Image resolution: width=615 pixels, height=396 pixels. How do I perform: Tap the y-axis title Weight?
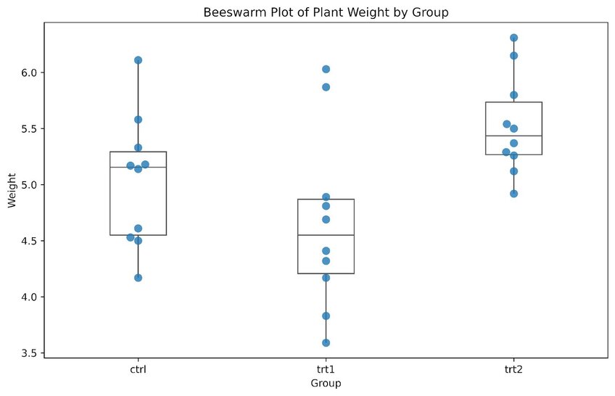12,189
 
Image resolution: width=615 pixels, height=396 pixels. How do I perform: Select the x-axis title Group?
325,382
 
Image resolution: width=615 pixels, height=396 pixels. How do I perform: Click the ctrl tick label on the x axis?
138,369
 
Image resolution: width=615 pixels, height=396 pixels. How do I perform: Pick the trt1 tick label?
326,369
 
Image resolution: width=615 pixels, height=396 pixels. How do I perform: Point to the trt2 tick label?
513,369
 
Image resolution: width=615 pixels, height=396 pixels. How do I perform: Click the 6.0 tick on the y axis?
29,73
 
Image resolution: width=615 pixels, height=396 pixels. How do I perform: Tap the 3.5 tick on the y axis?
29,353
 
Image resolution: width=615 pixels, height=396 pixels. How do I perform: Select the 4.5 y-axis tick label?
29,241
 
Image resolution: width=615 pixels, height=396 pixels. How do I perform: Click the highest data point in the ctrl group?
138,60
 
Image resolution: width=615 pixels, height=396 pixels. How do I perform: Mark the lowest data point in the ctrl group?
138,278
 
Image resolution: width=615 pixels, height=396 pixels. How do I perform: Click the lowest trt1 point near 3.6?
326,343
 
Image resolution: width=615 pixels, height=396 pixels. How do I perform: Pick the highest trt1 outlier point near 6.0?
326,69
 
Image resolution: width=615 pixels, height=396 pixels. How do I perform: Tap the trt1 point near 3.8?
326,316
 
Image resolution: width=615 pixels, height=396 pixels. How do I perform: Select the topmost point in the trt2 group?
513,38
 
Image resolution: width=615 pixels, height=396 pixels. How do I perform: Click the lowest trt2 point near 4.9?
513,194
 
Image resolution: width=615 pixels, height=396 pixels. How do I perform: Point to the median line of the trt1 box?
326,235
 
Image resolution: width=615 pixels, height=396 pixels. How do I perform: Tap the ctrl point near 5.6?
138,120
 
